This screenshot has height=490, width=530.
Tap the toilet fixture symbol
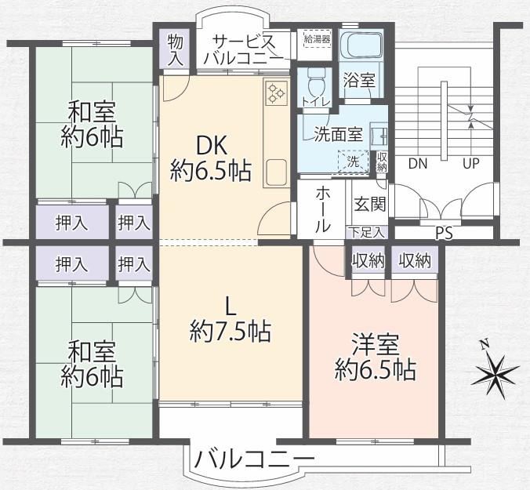(x=317, y=82)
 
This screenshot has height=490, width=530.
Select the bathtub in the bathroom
(x=361, y=45)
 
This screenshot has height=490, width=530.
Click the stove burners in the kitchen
(x=276, y=93)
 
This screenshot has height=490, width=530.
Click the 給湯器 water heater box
(x=317, y=39)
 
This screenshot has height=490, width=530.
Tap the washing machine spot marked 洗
(x=354, y=162)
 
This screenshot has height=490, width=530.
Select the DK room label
(x=211, y=147)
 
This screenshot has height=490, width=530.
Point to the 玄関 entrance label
(x=370, y=204)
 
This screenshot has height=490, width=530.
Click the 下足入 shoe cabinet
(x=367, y=233)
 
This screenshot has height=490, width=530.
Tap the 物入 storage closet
(x=176, y=49)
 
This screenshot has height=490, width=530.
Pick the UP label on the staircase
(x=471, y=164)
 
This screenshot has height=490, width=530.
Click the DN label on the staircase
(x=418, y=164)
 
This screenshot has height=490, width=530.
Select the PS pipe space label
(x=444, y=234)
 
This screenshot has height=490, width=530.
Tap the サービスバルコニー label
(x=244, y=50)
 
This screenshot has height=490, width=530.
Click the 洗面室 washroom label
(x=339, y=134)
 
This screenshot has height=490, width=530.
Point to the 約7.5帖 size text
(x=231, y=332)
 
